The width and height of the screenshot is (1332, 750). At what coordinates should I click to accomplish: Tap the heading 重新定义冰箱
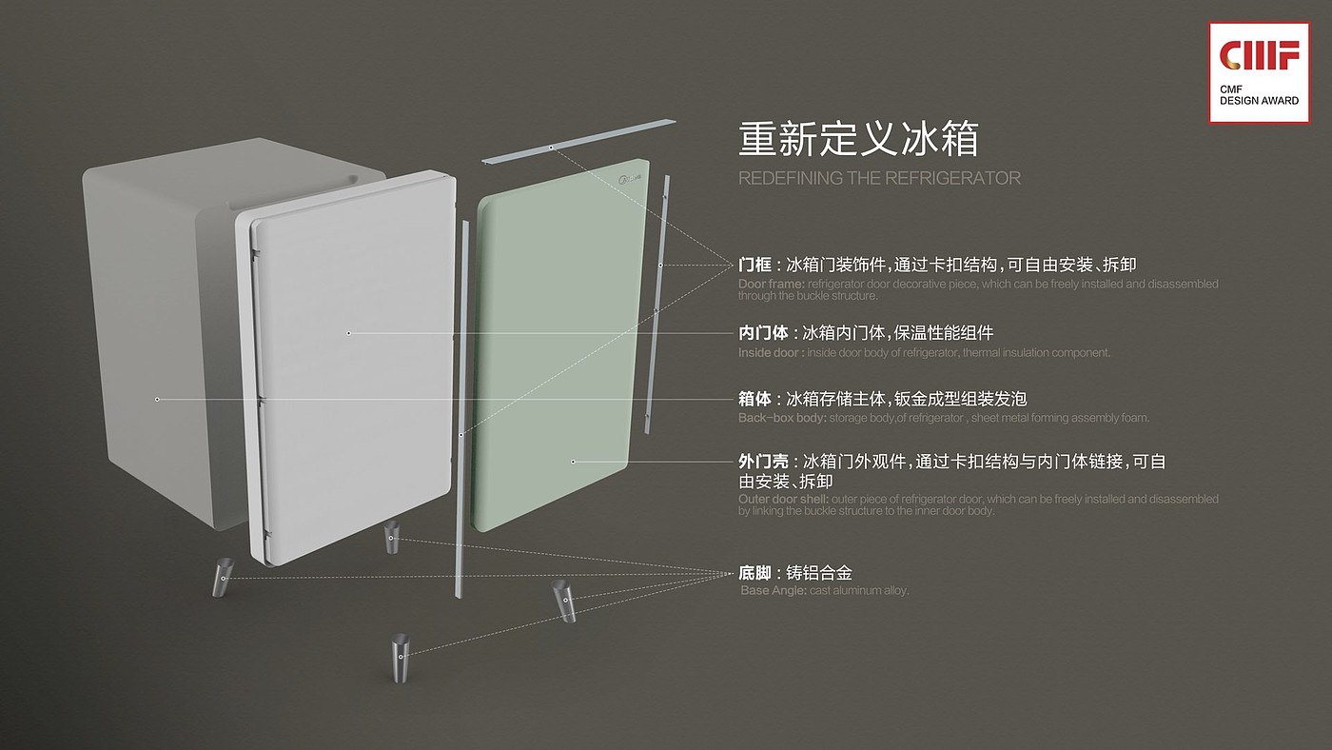(x=858, y=140)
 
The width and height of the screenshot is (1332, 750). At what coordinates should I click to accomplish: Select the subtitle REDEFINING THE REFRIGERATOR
(x=878, y=179)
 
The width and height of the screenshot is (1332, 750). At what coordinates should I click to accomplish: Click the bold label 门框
(x=754, y=265)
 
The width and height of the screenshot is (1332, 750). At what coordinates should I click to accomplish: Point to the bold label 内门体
(x=763, y=333)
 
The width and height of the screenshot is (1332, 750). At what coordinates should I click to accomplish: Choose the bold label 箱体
(x=754, y=399)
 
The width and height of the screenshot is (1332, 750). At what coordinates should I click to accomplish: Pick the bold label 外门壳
(x=763, y=462)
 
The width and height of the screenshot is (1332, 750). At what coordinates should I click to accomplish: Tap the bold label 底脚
(x=754, y=573)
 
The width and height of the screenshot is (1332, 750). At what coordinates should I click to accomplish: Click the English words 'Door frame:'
(x=772, y=285)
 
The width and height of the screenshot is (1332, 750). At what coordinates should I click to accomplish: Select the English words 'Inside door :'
(x=771, y=353)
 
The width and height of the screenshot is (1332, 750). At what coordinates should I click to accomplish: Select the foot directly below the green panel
(x=565, y=600)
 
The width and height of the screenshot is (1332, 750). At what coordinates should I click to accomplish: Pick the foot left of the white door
(x=222, y=577)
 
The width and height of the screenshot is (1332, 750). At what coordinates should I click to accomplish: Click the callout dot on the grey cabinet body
(x=157, y=400)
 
